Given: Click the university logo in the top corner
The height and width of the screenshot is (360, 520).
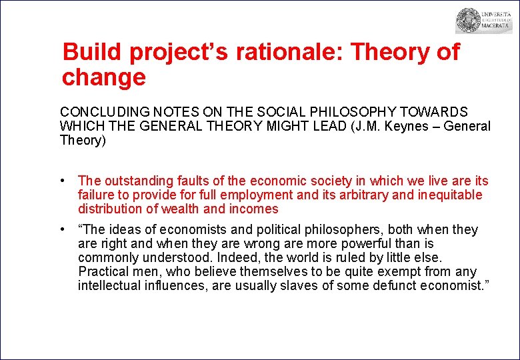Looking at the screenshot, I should coord(483,21).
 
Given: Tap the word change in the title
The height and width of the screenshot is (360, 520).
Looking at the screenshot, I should coord(103,77).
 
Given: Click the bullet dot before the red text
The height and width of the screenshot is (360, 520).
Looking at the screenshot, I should coord(61,181).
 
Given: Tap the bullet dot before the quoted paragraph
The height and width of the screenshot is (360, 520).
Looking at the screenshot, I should coord(61,229).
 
